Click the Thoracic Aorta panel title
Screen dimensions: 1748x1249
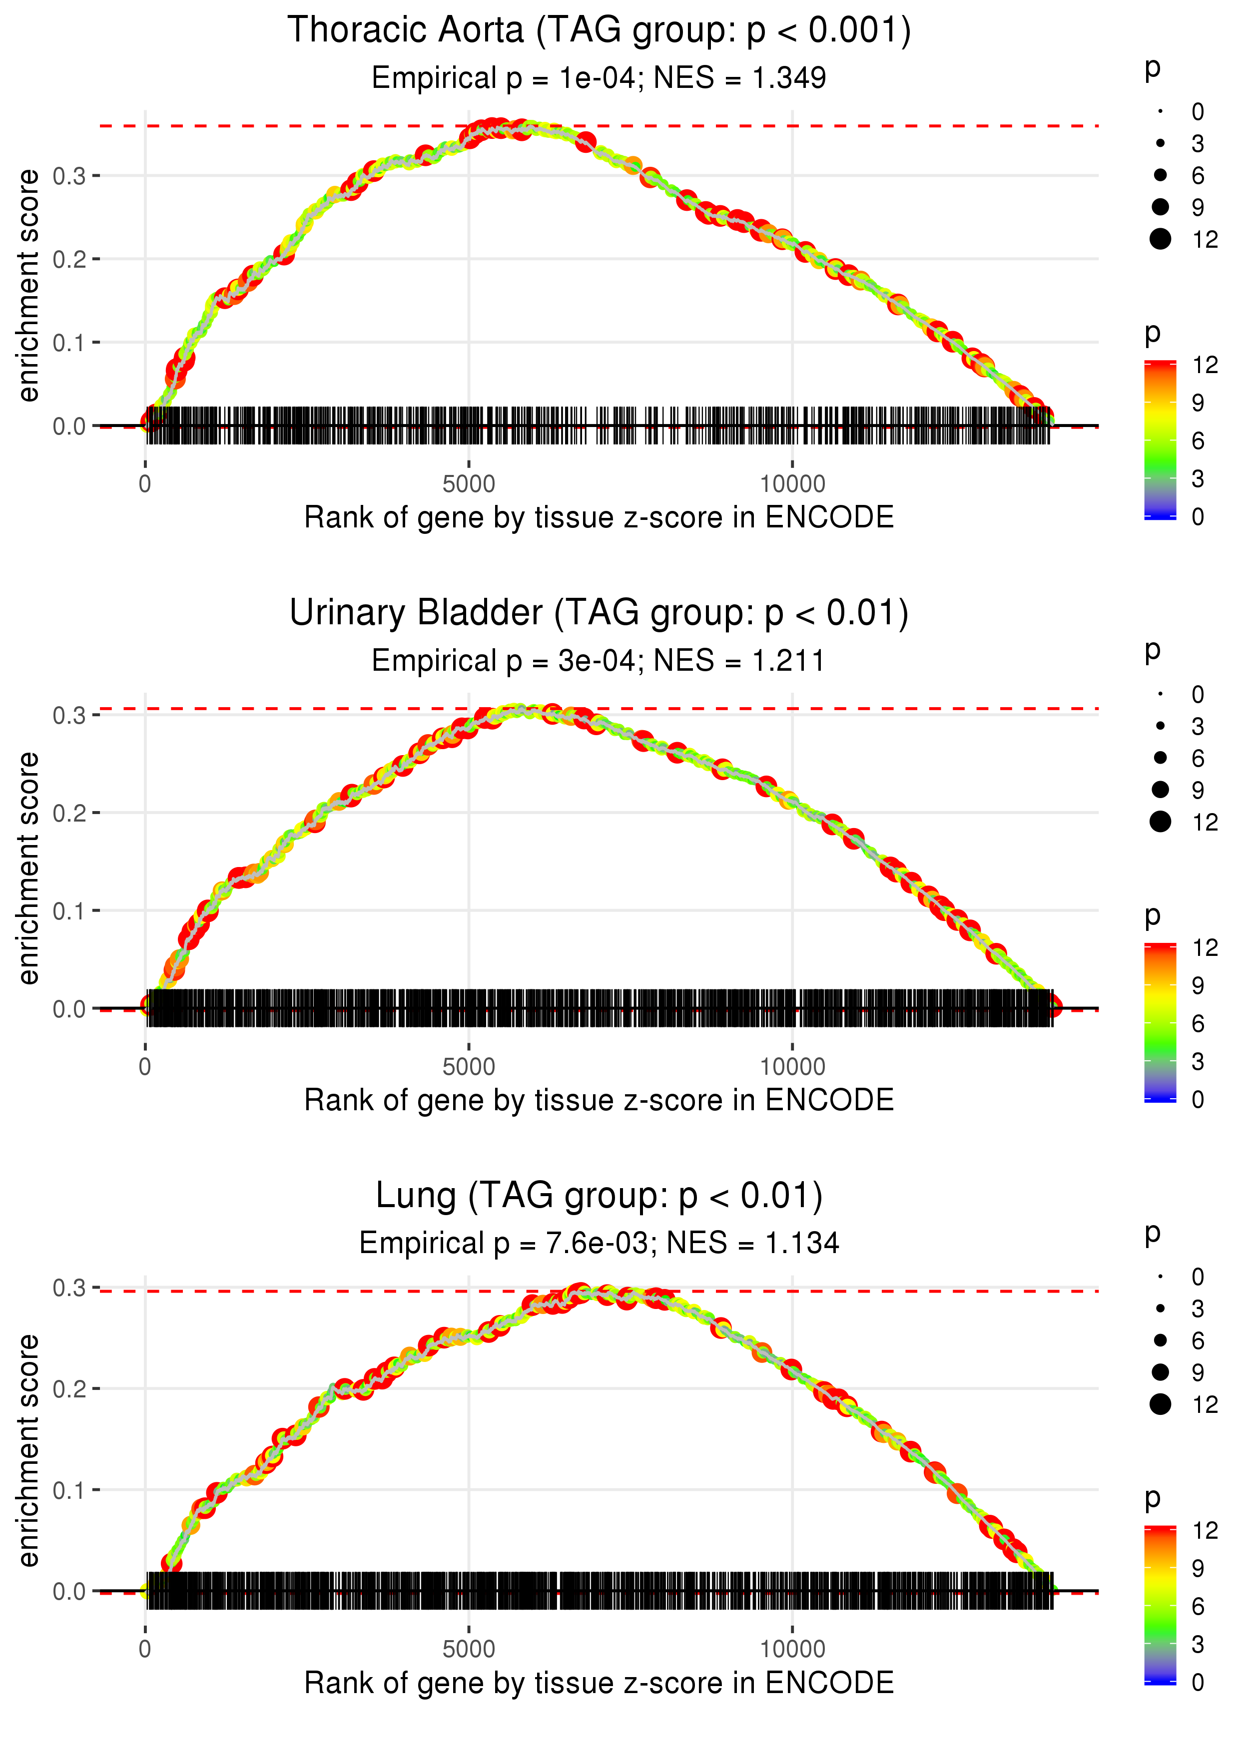coord(599,31)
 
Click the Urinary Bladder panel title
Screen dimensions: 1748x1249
coord(599,613)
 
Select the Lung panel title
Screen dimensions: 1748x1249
coord(599,1196)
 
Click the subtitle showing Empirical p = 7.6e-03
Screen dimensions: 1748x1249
coord(599,1244)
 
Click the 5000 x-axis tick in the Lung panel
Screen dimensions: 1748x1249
coord(469,1650)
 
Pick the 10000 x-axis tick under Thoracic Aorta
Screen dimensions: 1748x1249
coord(792,484)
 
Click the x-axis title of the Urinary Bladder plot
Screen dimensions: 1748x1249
coord(599,1101)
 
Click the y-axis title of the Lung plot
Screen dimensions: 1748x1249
coord(28,1450)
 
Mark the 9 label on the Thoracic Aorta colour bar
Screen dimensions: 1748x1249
coord(1198,403)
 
